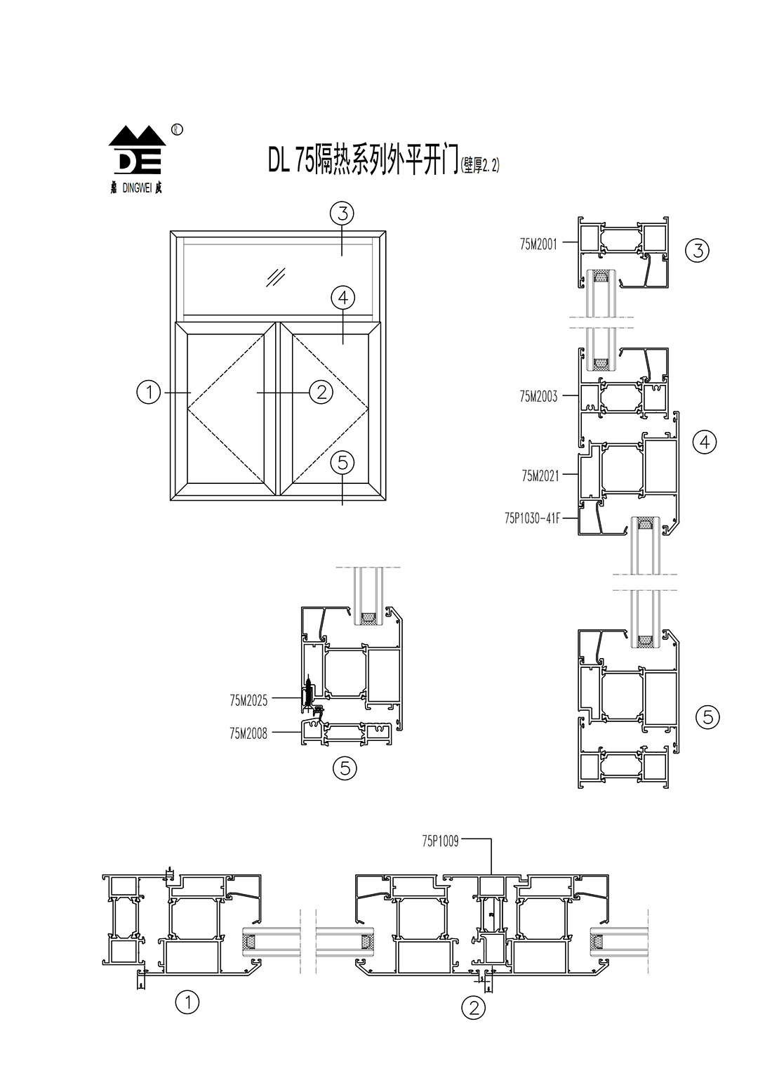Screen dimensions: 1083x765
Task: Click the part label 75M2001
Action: [x=538, y=244]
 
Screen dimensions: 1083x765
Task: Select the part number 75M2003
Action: [x=538, y=397]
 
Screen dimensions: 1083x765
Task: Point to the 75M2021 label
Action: [x=540, y=476]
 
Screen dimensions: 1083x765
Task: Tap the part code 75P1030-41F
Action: [x=532, y=520]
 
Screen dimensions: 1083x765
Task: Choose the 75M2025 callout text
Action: [x=248, y=700]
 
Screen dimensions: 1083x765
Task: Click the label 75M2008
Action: [x=248, y=735]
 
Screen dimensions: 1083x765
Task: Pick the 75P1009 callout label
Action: [x=440, y=841]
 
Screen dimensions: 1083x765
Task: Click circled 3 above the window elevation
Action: [x=342, y=212]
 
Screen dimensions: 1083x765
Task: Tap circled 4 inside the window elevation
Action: [x=342, y=298]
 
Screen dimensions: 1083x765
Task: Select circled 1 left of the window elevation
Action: [x=149, y=392]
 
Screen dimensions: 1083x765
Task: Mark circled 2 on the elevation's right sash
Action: [x=321, y=392]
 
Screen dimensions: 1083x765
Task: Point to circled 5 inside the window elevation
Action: [x=342, y=462]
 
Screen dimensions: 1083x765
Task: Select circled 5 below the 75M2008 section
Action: [x=345, y=768]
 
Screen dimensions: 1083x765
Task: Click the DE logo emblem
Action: [x=136, y=150]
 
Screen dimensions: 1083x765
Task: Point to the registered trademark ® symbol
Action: [x=177, y=129]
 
